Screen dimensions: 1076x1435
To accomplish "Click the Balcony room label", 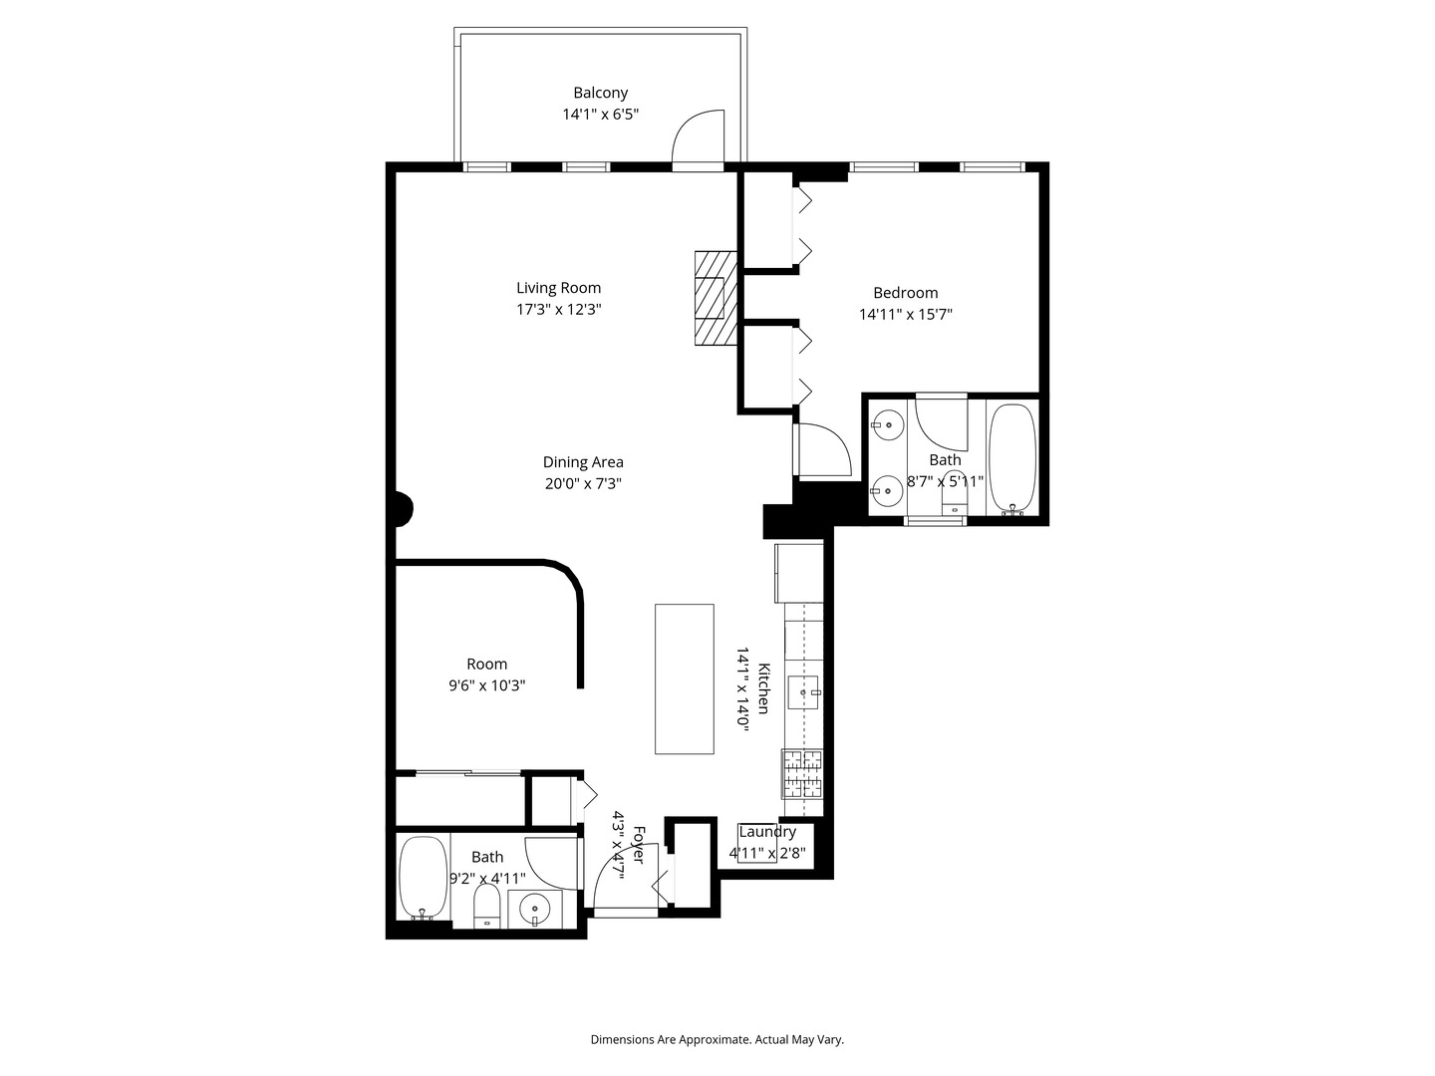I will [600, 93].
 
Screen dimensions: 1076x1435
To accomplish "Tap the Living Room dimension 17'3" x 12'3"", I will [558, 310].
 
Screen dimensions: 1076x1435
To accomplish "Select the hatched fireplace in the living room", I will [716, 298].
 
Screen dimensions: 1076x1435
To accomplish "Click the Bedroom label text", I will [905, 293].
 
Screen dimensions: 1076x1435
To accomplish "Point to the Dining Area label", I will [583, 462].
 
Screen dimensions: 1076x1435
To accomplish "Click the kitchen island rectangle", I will [684, 678].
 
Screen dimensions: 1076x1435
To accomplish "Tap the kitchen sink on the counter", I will [803, 690].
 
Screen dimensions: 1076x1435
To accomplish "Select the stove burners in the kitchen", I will [803, 775].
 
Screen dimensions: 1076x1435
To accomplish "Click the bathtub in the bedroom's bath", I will [1012, 457].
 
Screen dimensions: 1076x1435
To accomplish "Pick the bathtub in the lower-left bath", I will [423, 878].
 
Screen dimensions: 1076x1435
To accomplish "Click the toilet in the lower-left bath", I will [486, 906].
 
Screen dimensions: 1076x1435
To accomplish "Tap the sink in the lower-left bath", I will [536, 909].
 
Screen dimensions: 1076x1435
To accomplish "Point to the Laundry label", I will [767, 832].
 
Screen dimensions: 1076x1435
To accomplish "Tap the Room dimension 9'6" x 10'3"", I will [486, 685].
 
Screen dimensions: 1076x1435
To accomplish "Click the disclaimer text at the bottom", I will [717, 1039].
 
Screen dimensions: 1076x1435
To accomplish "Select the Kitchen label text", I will [763, 687].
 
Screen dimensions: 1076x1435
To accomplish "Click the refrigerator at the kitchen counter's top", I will [799, 572].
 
